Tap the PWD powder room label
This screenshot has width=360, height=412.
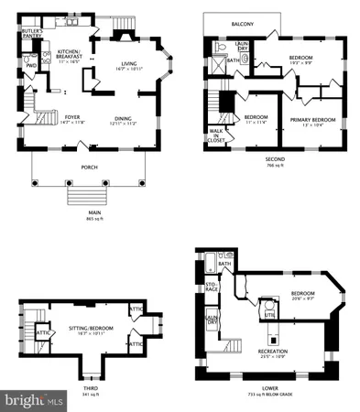(x=30, y=66)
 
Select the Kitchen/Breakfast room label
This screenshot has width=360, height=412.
(x=71, y=54)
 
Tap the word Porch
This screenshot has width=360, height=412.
(x=89, y=167)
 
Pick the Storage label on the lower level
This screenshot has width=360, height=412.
(x=212, y=289)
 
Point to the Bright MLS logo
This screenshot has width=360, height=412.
(x=34, y=401)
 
